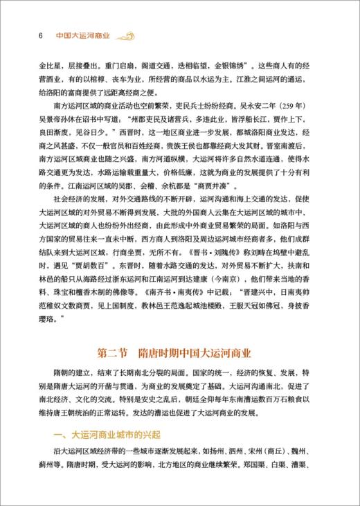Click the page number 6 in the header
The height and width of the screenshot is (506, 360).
coord(23,36)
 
